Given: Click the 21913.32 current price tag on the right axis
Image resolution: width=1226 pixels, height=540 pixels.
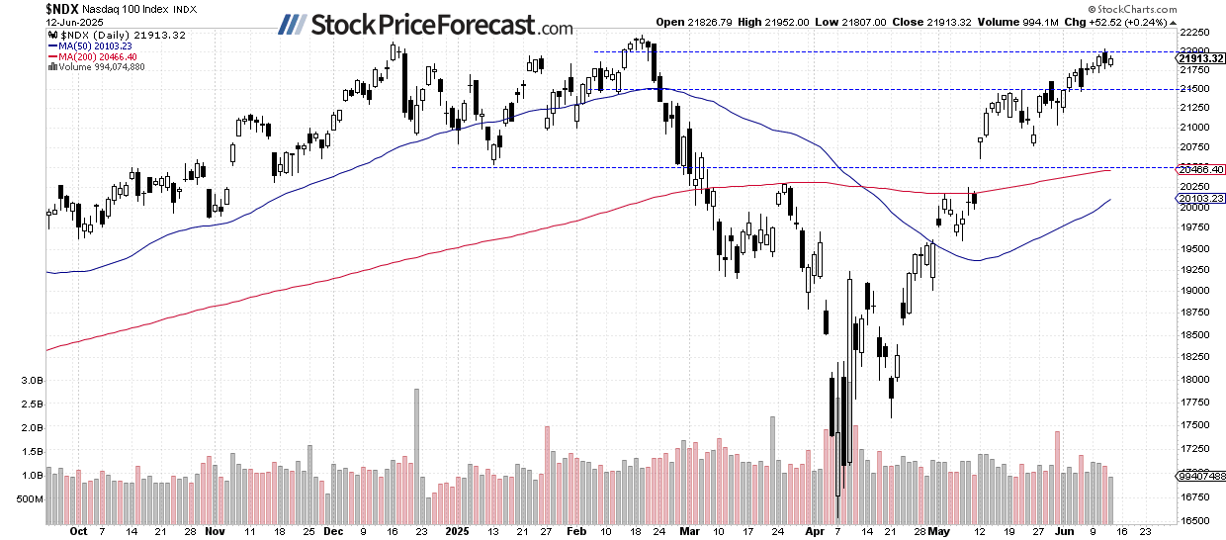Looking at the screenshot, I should (1200, 58).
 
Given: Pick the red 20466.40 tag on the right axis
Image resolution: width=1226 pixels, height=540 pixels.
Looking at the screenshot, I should (1200, 170).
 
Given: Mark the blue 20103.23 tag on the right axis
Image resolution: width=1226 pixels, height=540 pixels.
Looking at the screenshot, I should (1200, 198).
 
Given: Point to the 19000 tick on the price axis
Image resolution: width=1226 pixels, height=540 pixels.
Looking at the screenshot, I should (1197, 290).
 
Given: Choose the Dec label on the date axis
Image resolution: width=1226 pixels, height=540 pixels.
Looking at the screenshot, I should (332, 530).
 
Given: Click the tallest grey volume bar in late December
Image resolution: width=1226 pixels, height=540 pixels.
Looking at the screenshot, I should (416, 455).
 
